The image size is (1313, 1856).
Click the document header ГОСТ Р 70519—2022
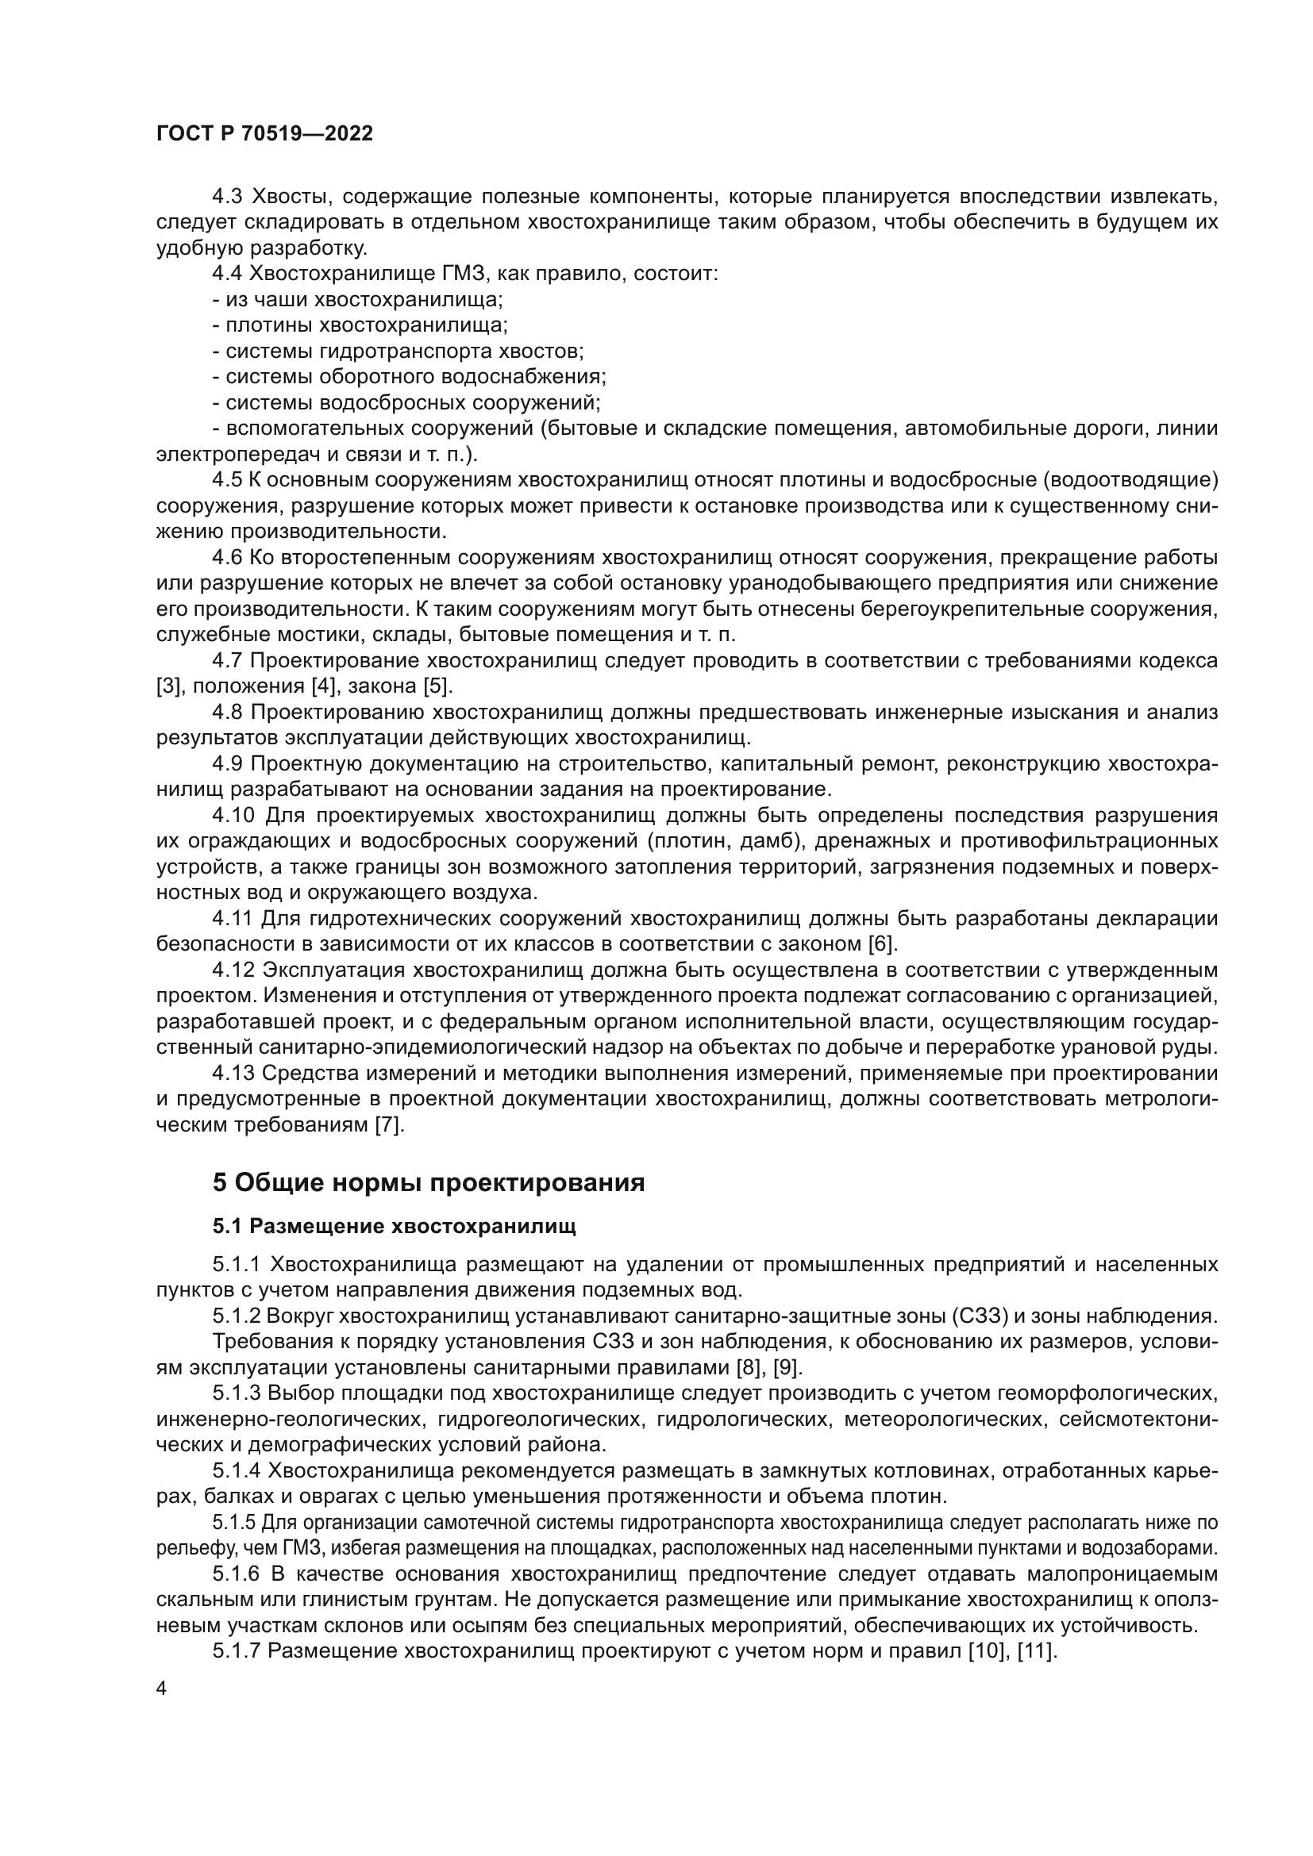click(264, 134)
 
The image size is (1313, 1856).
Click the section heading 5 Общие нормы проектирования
click(429, 1182)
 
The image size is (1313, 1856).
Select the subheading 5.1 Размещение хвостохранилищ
click(394, 1227)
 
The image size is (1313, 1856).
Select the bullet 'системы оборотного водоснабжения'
click(409, 377)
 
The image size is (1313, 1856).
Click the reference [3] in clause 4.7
click(169, 686)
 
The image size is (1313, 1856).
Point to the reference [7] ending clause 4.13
click(389, 1124)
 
